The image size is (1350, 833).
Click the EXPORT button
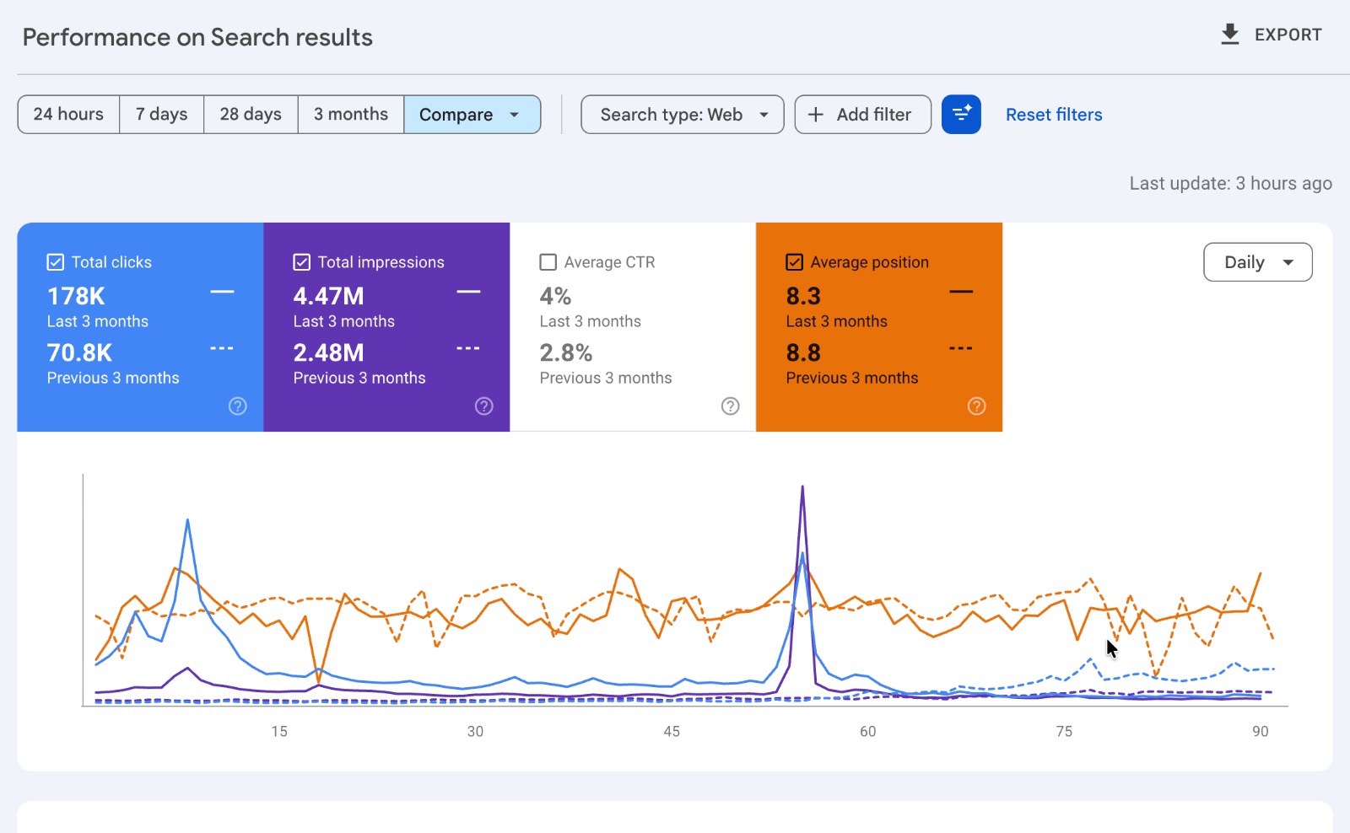click(1271, 35)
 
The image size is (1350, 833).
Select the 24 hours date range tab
click(68, 115)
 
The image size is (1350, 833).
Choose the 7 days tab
click(161, 115)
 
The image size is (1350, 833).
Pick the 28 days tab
click(250, 115)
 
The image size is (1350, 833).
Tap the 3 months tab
click(350, 115)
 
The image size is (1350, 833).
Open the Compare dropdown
click(472, 115)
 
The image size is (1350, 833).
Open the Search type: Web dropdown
click(683, 115)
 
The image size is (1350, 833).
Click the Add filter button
click(862, 115)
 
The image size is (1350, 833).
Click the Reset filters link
click(1054, 115)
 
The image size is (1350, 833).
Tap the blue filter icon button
click(961, 115)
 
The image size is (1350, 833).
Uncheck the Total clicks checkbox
click(56, 262)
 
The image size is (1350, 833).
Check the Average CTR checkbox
click(548, 262)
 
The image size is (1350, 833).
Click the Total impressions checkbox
click(301, 262)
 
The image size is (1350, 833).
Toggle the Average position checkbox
click(794, 262)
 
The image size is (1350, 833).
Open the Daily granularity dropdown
click(1258, 262)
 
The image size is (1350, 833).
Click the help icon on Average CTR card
click(730, 406)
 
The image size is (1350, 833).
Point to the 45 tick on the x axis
click(672, 731)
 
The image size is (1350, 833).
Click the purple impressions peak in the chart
click(802, 486)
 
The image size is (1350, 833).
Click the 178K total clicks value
click(76, 296)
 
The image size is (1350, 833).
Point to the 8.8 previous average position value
click(802, 353)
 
